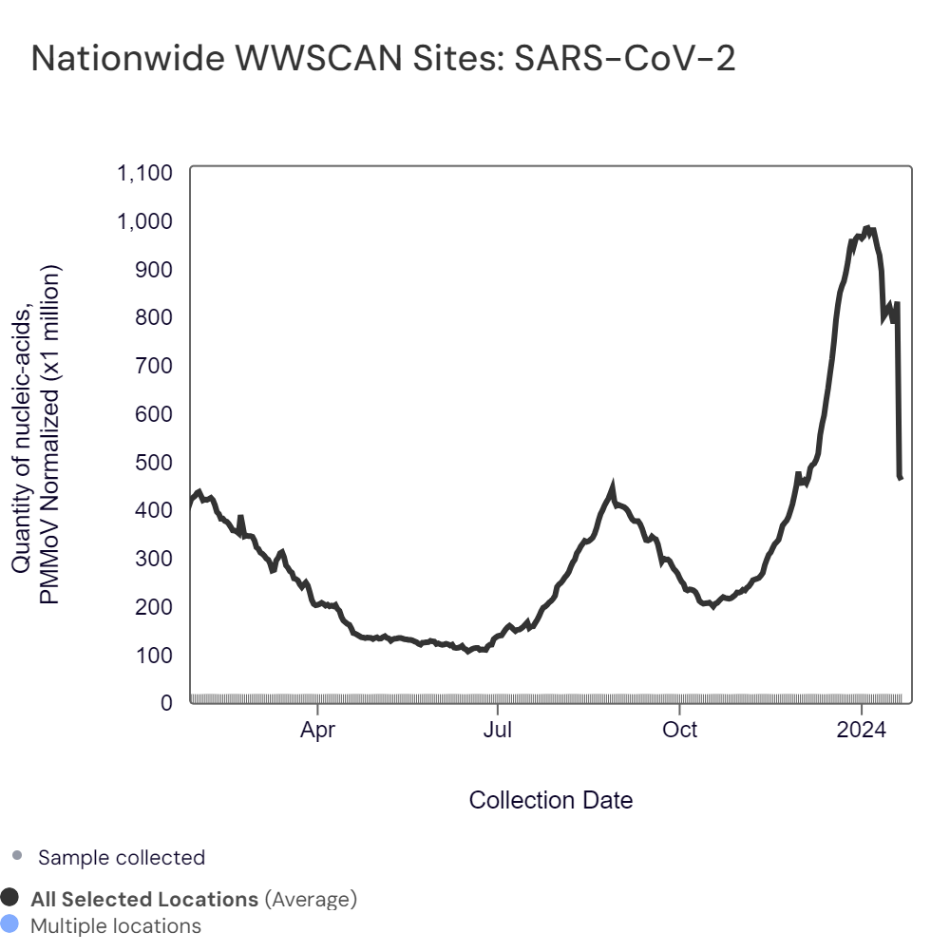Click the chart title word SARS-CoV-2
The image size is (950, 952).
[x=624, y=59]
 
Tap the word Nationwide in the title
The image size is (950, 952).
[x=120, y=59]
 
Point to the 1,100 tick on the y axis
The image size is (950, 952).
[x=144, y=173]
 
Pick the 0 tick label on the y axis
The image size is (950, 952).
[x=166, y=703]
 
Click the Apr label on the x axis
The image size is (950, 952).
[x=317, y=731]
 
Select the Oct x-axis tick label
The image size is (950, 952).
[x=679, y=731]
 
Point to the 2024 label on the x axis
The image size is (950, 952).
[x=861, y=731]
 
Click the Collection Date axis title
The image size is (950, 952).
[x=551, y=800]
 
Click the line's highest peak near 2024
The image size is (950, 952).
[x=866, y=228]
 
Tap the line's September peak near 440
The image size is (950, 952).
[x=613, y=488]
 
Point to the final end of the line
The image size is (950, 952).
[x=901, y=477]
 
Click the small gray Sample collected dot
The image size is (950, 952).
[x=16, y=857]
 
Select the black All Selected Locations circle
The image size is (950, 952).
[x=10, y=898]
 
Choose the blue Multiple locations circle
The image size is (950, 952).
[x=10, y=924]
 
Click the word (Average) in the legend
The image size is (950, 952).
[x=311, y=899]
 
